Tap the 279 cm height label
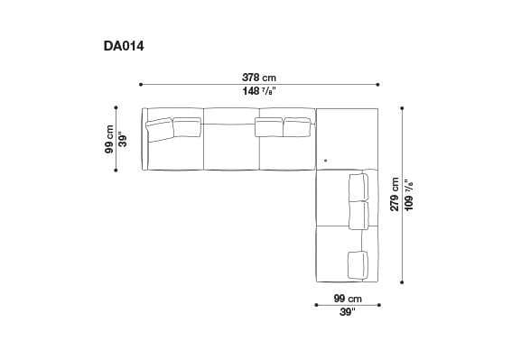(395, 194)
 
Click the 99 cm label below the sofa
(347, 298)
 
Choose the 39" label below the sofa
(347, 313)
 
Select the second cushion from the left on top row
(187, 126)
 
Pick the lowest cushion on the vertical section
(358, 264)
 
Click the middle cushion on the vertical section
(358, 215)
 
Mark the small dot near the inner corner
(325, 161)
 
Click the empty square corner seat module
(347, 137)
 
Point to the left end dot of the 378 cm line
(141, 85)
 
